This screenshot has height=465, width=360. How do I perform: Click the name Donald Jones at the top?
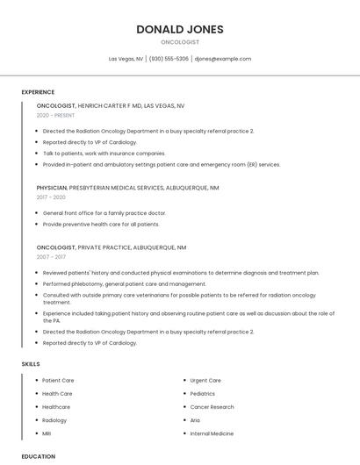[x=180, y=29]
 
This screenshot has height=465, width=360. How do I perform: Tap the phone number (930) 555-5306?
[x=169, y=59]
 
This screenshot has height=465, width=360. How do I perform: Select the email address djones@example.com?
[x=223, y=59]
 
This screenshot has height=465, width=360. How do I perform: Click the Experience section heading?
[x=38, y=92]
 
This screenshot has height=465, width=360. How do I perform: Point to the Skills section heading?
[x=30, y=363]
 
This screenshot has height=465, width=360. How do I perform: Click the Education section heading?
[x=39, y=456]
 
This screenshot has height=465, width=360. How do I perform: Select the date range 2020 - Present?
[x=55, y=116]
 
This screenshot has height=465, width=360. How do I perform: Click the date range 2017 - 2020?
[x=51, y=197]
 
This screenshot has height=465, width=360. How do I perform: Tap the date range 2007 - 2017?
[x=51, y=257]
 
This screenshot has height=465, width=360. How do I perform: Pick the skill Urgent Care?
[x=205, y=381]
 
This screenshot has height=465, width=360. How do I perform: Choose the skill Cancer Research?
[x=212, y=407]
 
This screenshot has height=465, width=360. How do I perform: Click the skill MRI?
[x=47, y=433]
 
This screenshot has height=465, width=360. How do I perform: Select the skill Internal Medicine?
[x=212, y=433]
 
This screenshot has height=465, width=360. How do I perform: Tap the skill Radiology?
[x=54, y=420]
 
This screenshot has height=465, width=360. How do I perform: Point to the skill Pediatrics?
[x=202, y=394]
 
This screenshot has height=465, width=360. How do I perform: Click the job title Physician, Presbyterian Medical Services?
[x=128, y=188]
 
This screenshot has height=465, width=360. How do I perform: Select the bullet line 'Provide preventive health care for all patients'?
[x=101, y=224]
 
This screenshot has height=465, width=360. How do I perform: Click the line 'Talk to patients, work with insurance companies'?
[x=104, y=154]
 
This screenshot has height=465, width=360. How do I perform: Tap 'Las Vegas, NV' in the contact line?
[x=126, y=59]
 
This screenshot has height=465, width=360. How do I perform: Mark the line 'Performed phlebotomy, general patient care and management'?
[x=125, y=284]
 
